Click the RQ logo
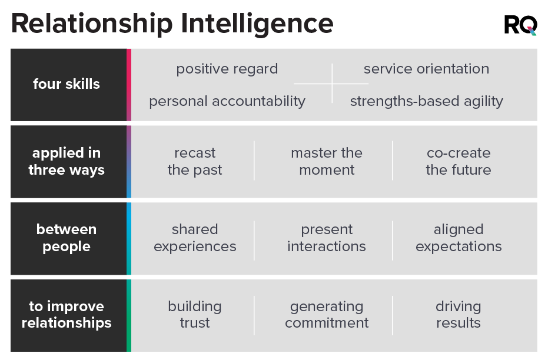[520, 25]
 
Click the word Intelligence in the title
[257, 24]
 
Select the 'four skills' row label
[67, 84]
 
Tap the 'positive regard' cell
[227, 69]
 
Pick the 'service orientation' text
[426, 69]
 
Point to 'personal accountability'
[227, 101]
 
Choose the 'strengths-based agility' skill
[427, 101]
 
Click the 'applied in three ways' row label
[67, 161]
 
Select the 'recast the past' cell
[195, 161]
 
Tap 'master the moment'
[327, 161]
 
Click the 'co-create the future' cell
[459, 161]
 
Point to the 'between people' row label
[67, 238]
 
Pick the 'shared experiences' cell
[195, 238]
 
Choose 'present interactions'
[327, 238]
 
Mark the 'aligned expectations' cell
[459, 238]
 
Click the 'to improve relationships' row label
[67, 315]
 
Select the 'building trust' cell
[195, 315]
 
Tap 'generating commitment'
[327, 315]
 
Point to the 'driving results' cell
[459, 315]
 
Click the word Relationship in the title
[92, 24]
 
